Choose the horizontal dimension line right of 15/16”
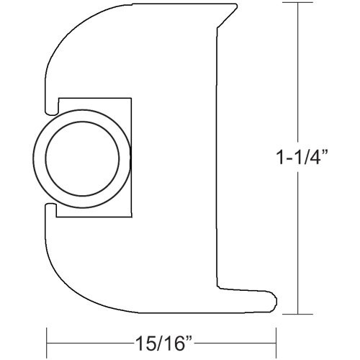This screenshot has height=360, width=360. [238, 337]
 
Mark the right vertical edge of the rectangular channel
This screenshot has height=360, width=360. [131, 156]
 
